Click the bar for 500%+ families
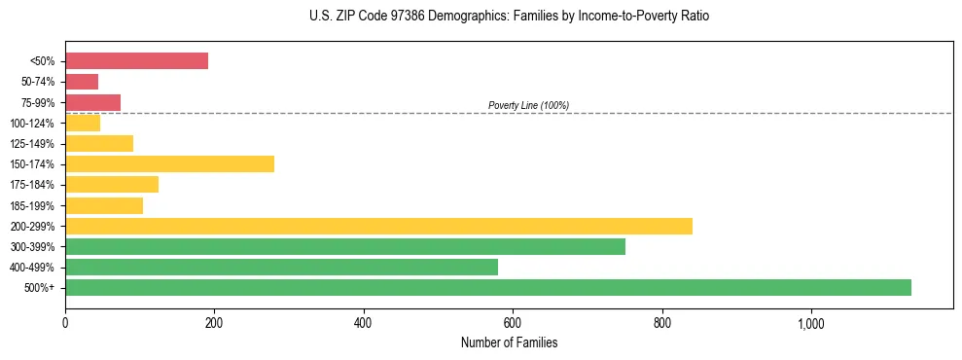point(487,287)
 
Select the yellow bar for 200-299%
point(378,226)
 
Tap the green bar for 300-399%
point(345,246)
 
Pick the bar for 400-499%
point(281,267)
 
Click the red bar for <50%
point(136,60)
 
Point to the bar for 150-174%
point(169,163)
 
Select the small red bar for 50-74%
point(82,82)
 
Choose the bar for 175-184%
point(112,184)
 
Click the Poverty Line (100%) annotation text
point(528,105)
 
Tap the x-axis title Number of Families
point(509,342)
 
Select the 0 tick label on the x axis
point(65,323)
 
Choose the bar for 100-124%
point(83,123)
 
